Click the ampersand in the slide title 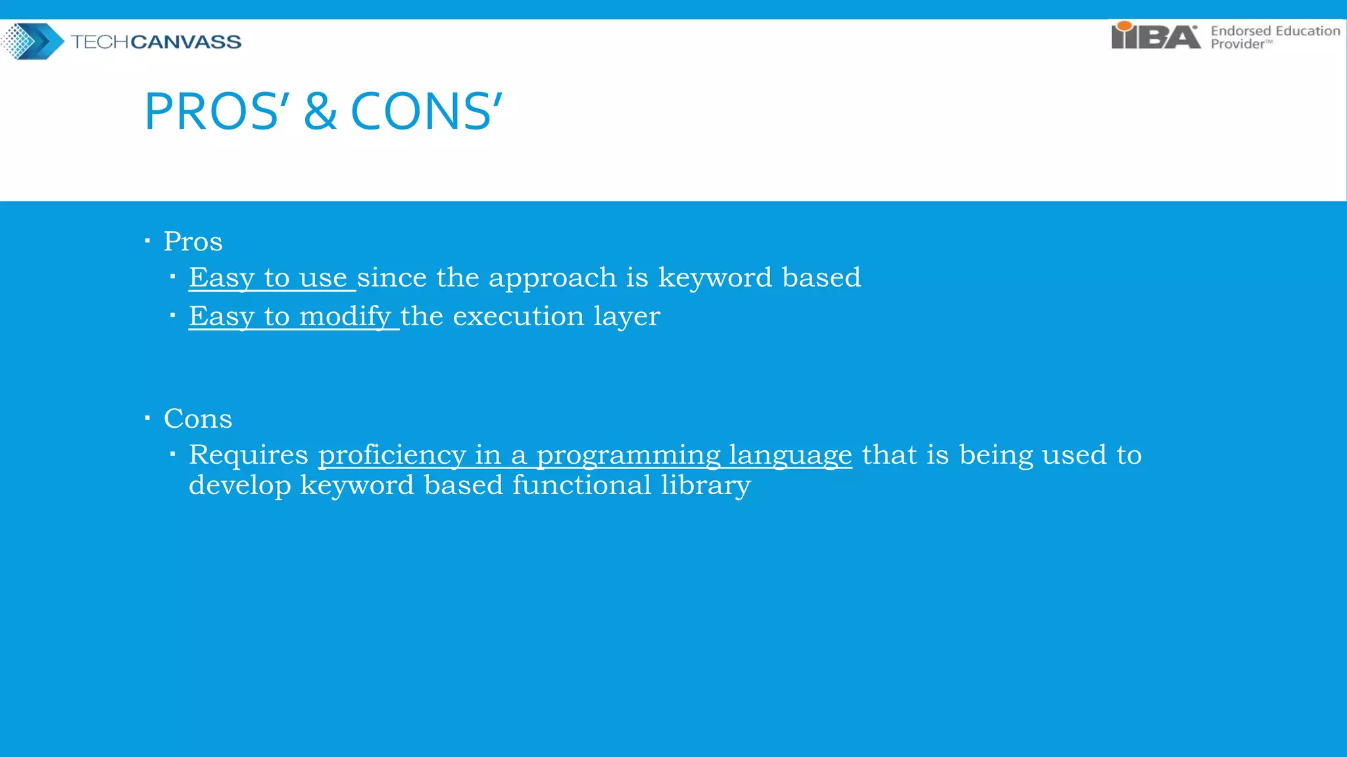coord(320,112)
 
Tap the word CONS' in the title coord(426,112)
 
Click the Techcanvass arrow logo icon coord(33,41)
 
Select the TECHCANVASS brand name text coord(156,42)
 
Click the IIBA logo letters coord(1156,36)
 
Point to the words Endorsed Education coord(1275,31)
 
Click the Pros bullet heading coord(193,242)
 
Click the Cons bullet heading coord(197,419)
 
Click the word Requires coord(248,455)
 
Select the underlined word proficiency coord(391,455)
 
